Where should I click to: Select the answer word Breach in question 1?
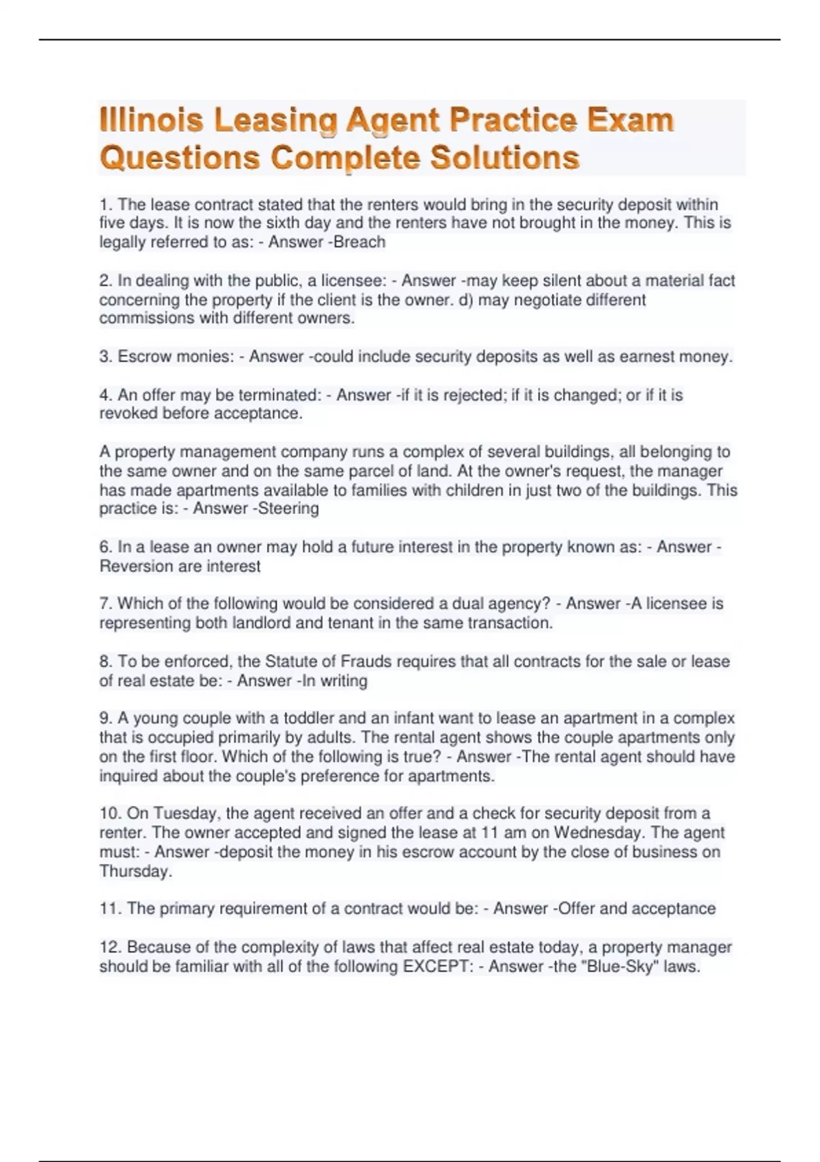point(359,242)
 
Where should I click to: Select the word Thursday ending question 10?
point(135,871)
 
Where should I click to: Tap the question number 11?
point(110,908)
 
